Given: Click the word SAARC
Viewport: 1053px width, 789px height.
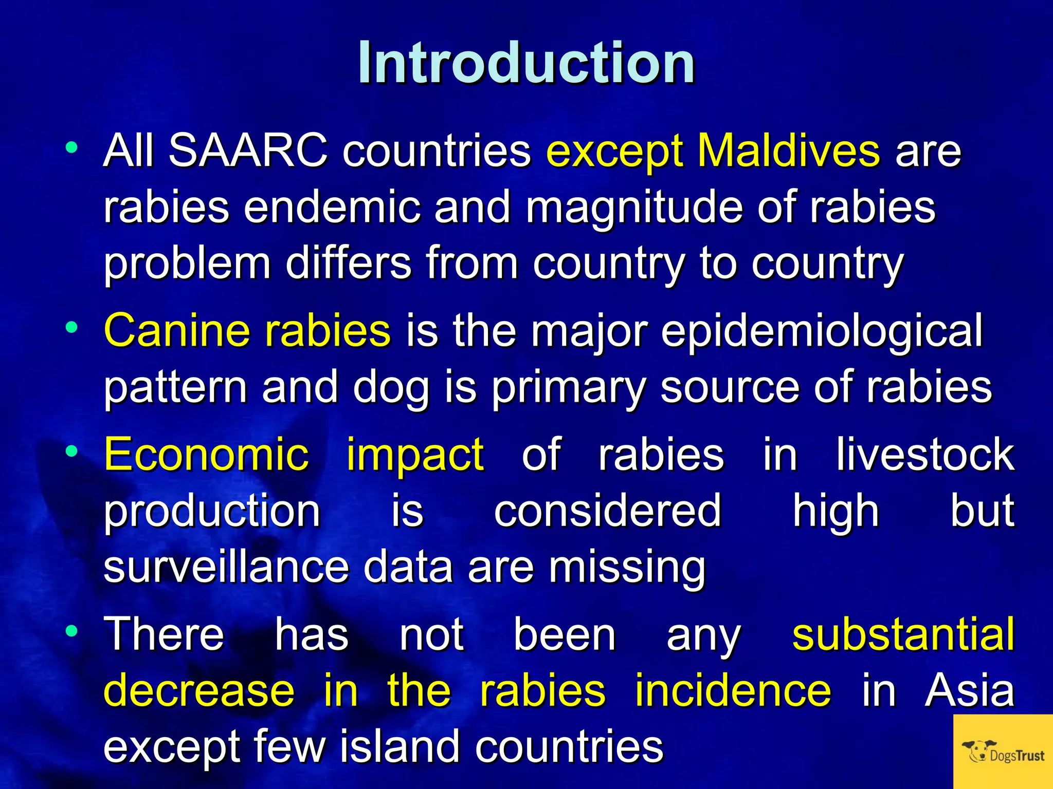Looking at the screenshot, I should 248,151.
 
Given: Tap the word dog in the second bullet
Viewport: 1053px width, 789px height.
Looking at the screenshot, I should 391,388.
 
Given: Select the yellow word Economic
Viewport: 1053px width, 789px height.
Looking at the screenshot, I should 206,454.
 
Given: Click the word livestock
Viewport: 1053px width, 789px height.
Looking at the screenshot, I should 924,454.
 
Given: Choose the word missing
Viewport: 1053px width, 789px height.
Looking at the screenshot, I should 627,568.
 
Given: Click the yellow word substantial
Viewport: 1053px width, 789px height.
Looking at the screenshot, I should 903,634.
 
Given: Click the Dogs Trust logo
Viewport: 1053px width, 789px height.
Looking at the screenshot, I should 1003,752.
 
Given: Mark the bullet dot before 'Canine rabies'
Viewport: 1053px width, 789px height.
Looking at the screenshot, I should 71,327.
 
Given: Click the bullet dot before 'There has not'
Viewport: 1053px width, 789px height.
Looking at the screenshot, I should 71,631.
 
